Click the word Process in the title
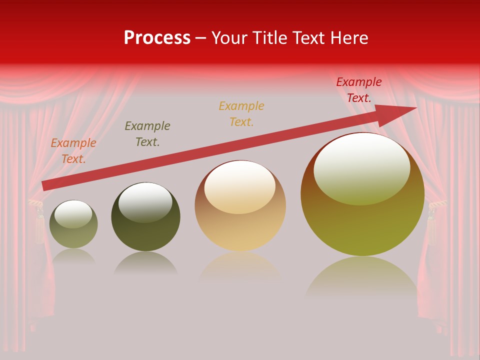[157, 38]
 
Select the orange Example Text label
[73, 151]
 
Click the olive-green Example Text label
[147, 134]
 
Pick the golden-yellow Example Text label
[241, 114]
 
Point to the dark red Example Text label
[358, 90]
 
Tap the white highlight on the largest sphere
[361, 167]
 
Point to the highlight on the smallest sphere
[73, 213]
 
